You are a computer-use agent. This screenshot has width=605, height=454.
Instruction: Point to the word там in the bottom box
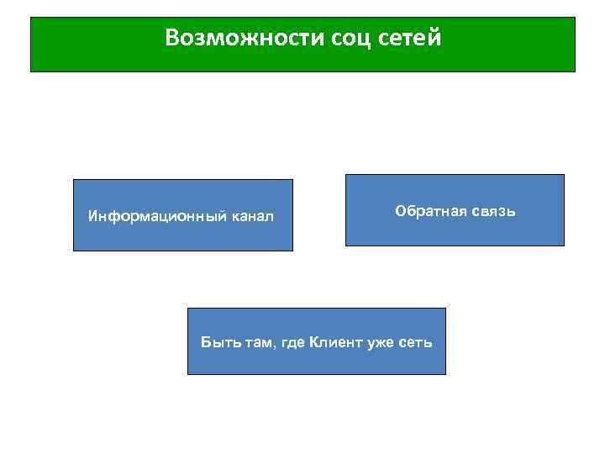(x=250, y=342)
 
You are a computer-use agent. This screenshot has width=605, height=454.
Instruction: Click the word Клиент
(x=335, y=341)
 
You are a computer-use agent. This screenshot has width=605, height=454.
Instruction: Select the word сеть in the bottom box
(x=418, y=342)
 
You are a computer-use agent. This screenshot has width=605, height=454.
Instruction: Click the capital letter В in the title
(x=171, y=38)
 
